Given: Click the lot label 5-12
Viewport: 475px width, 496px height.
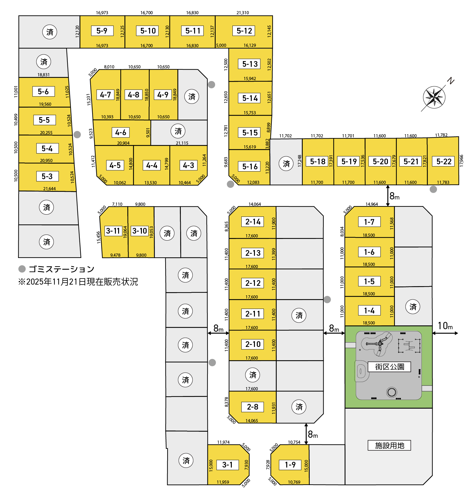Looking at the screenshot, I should [244, 31].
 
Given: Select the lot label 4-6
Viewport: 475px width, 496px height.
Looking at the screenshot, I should [121, 133].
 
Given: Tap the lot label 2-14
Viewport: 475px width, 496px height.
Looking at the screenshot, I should [253, 222].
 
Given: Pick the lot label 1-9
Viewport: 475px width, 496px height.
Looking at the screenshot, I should [290, 465].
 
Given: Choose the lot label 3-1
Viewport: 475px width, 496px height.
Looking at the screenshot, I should [227, 465].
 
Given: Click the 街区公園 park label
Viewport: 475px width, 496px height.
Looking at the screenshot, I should [389, 367].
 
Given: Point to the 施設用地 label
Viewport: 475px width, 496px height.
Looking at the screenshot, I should [389, 445].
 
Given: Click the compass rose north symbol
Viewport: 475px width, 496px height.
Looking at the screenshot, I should [434, 97].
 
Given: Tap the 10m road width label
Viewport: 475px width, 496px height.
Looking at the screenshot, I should [445, 326].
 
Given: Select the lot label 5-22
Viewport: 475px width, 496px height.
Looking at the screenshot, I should [444, 161].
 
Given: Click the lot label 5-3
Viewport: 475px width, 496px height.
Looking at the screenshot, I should [47, 176].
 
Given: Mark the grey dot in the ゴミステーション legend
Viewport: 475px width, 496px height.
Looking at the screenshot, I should [22, 269].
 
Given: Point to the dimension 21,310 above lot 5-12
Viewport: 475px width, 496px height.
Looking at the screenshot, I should [243, 13].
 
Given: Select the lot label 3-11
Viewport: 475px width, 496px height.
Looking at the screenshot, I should [113, 231].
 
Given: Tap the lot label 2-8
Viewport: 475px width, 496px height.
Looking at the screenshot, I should [252, 407].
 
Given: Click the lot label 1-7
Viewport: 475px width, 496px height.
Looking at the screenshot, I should [369, 222].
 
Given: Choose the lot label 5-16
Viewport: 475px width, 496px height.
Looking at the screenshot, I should [250, 166].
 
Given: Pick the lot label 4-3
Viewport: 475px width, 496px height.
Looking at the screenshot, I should [188, 165].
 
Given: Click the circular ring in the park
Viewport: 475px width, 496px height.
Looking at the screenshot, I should [392, 392].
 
